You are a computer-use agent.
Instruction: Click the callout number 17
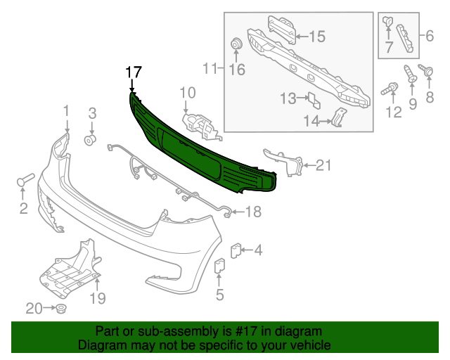(x=134, y=72)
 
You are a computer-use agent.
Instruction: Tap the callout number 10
(x=187, y=92)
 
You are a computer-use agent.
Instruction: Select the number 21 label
(x=323, y=166)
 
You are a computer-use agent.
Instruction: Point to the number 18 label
(x=252, y=211)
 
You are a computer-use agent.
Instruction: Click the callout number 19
(x=97, y=299)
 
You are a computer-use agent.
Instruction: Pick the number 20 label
(x=34, y=308)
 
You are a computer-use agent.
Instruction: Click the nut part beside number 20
(x=61, y=309)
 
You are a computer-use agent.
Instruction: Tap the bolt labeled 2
(x=23, y=181)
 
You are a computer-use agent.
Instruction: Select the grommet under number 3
(x=90, y=138)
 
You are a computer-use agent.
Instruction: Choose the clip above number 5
(x=219, y=267)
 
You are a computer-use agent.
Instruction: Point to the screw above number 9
(x=411, y=75)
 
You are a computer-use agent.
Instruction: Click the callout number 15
(x=316, y=35)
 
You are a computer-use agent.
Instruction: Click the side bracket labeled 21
(x=285, y=160)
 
